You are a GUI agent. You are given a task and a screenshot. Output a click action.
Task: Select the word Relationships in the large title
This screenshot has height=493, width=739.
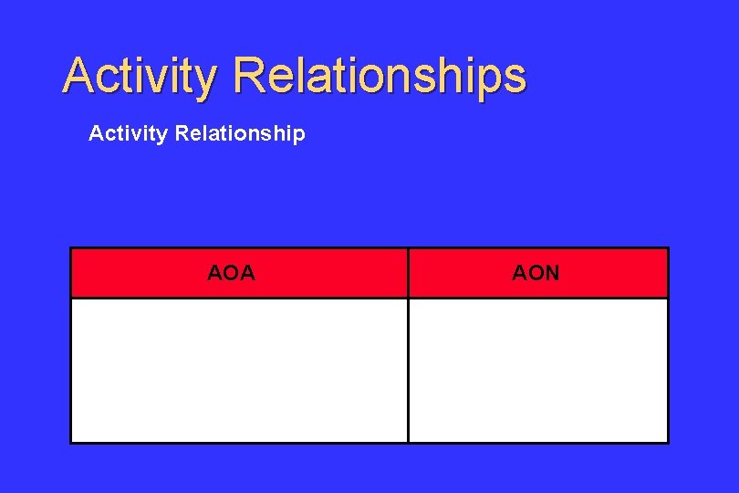tap(380, 76)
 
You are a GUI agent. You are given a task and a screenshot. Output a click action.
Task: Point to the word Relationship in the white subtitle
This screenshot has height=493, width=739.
tap(239, 134)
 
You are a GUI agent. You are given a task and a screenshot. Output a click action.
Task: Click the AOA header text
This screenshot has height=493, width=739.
tap(231, 272)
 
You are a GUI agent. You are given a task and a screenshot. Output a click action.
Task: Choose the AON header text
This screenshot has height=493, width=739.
tap(536, 272)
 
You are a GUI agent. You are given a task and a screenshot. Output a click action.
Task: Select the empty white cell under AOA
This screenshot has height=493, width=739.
tap(239, 370)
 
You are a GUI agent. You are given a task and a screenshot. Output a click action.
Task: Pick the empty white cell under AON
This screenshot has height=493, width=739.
tap(537, 370)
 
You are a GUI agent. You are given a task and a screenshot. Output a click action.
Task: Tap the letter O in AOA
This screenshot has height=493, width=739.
tap(231, 272)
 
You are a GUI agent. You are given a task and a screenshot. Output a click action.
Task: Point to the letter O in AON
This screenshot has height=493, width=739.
tap(536, 272)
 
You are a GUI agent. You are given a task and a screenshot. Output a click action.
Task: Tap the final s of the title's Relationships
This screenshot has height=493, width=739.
tap(515, 80)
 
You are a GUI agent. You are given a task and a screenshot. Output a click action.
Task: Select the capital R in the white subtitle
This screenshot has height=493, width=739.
tap(181, 134)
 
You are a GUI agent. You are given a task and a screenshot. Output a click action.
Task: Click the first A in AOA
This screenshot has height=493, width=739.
tap(215, 272)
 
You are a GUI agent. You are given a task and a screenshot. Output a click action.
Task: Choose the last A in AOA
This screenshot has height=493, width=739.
tap(247, 272)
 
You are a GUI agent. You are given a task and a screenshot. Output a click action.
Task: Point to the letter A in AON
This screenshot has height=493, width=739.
tap(520, 272)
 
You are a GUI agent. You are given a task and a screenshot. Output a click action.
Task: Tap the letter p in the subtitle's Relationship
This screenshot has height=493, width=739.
tap(298, 136)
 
